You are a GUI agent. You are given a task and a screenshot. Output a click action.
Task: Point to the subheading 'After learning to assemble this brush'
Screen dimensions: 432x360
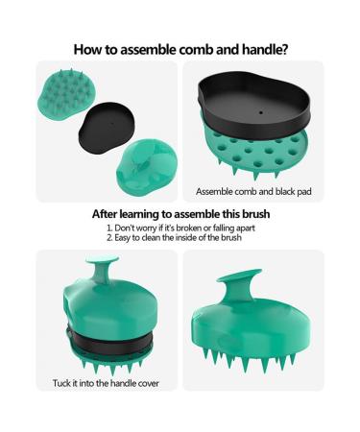click(x=180, y=214)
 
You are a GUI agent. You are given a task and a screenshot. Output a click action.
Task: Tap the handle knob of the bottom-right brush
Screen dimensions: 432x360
click(x=241, y=283)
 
